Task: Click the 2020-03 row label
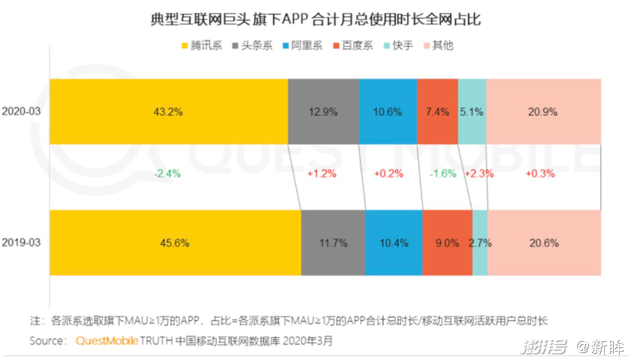(21, 111)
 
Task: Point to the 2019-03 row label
(21, 243)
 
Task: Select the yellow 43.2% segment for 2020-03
(168, 111)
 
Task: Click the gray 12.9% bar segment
(323, 111)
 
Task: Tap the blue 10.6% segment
(388, 111)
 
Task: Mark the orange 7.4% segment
(437, 111)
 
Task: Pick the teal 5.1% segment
(471, 111)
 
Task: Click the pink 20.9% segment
(543, 111)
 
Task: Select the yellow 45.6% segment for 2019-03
(175, 243)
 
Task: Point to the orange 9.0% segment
(447, 243)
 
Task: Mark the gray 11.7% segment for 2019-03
(333, 243)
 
